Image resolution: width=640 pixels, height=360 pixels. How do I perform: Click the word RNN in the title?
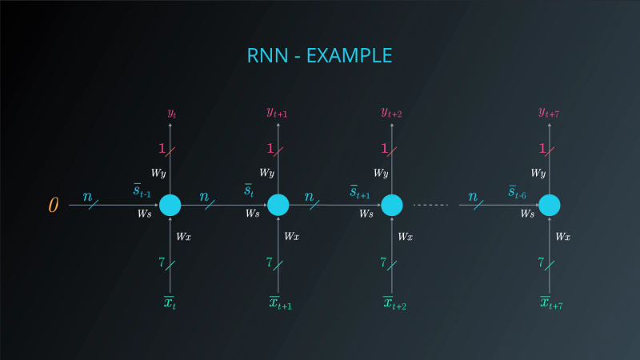click(x=266, y=56)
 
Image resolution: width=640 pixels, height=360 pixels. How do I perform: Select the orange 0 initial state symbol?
click(x=54, y=206)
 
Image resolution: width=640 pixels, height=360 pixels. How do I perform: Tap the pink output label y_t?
click(x=171, y=114)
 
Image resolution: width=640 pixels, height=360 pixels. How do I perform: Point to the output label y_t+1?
click(x=277, y=114)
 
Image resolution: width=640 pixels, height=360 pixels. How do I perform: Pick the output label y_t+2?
click(x=391, y=114)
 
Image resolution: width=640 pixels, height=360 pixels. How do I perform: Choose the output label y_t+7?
click(x=549, y=114)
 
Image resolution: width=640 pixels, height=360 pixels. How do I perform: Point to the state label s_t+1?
click(x=359, y=192)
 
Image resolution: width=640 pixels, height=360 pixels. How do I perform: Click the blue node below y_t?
click(x=170, y=206)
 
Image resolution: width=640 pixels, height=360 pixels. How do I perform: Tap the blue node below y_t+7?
click(x=549, y=206)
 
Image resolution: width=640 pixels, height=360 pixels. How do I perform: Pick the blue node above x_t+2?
click(x=391, y=206)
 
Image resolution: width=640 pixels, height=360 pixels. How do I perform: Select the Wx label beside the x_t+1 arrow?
click(x=292, y=236)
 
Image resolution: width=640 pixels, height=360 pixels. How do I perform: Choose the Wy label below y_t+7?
click(x=538, y=173)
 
